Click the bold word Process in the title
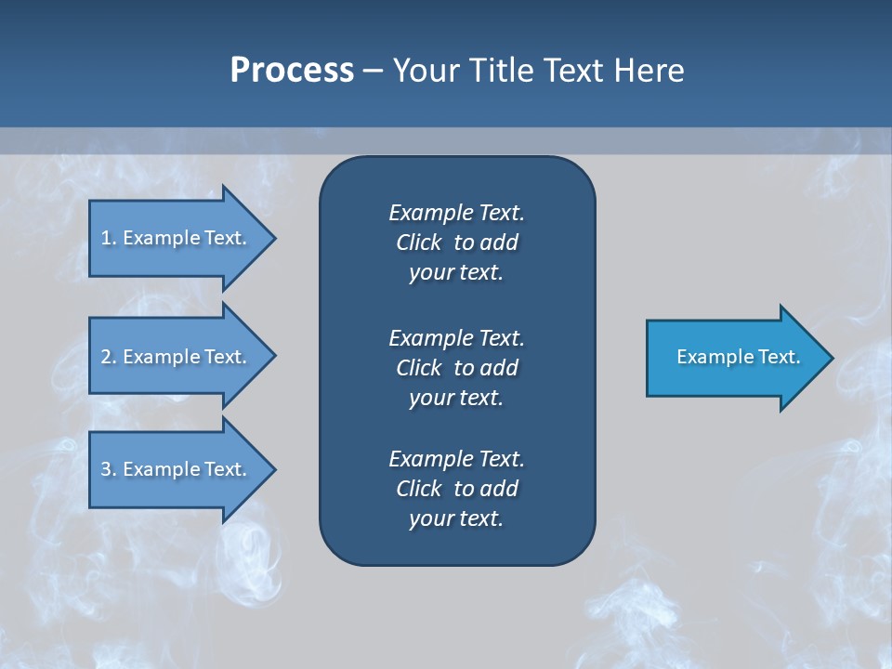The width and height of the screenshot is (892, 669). pos(292,71)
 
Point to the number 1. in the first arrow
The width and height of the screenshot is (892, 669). pos(109,238)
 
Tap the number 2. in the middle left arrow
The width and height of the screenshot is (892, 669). pos(109,357)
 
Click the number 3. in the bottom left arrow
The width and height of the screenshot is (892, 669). pos(109,469)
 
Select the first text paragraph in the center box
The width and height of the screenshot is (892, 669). pos(456,243)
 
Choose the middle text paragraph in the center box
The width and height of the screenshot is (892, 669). pos(456,368)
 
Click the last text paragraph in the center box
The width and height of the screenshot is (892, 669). pos(456,489)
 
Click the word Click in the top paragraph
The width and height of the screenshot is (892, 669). pos(418,243)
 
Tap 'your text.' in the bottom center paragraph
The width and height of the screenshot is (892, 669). pos(456,519)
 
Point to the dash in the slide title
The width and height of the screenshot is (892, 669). pos(373,71)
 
